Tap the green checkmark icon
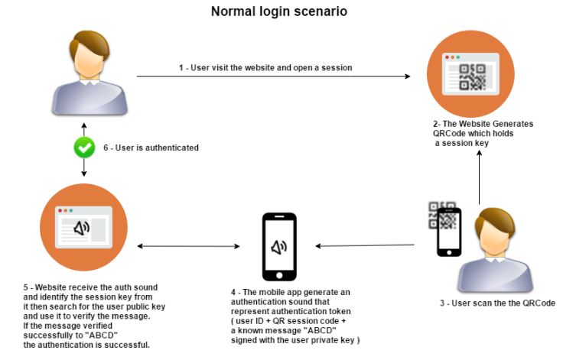[x=83, y=148]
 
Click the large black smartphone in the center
[x=279, y=246]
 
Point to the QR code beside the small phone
[x=442, y=216]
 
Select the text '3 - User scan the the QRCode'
[x=497, y=303]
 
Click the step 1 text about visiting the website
[x=265, y=67]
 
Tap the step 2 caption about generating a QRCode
[x=481, y=134]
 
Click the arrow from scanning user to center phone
[x=365, y=246]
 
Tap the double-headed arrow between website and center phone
[x=188, y=246]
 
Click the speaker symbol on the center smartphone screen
[x=279, y=246]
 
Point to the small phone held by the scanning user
[x=448, y=234]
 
